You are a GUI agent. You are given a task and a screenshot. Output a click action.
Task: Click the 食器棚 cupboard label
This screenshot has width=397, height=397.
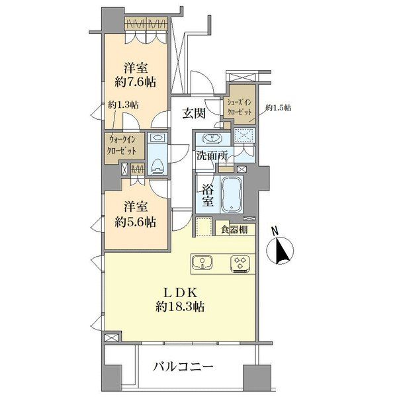tap(235, 230)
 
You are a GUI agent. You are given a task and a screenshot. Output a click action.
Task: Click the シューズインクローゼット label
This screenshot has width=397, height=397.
tap(240, 108)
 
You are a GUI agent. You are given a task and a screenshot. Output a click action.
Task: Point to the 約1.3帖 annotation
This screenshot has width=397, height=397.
tap(124, 105)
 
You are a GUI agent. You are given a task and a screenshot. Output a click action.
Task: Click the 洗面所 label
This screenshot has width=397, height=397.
tap(212, 157)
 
